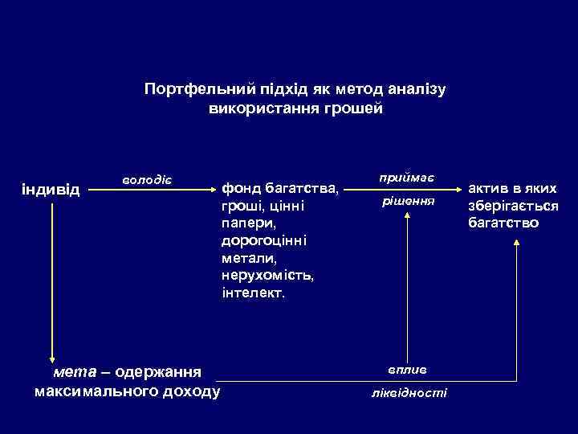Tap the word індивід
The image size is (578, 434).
(x=51, y=190)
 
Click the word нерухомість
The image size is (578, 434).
(x=268, y=276)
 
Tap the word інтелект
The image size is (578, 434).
(x=252, y=293)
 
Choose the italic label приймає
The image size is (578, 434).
(x=407, y=176)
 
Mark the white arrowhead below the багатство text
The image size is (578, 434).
(x=515, y=251)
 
